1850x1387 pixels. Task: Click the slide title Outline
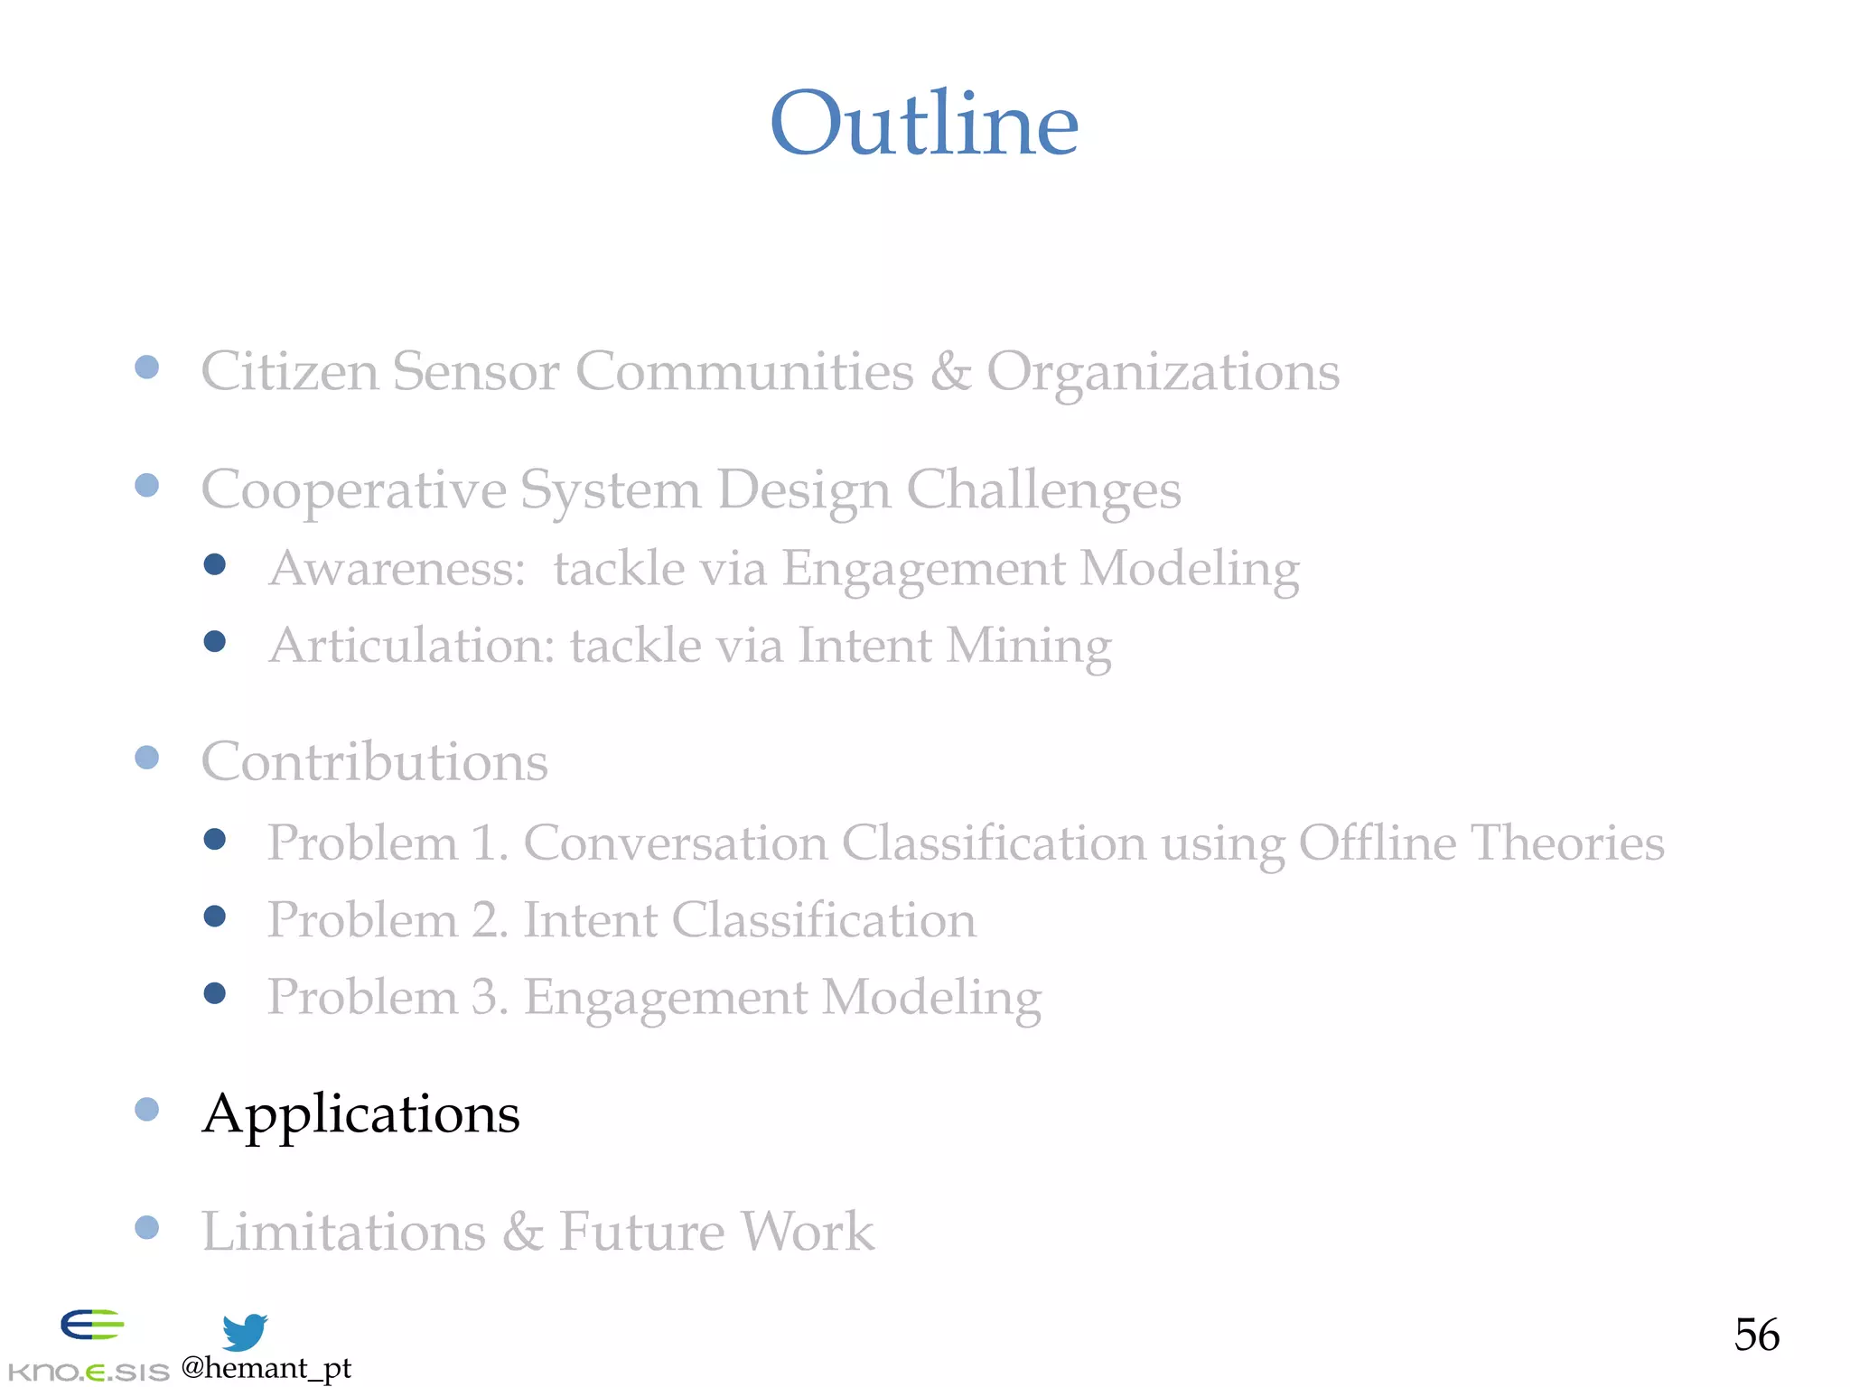tap(924, 124)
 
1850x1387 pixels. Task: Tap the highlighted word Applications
tap(361, 1113)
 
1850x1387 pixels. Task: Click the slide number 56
tap(1756, 1334)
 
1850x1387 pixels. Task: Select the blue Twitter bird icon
tap(244, 1332)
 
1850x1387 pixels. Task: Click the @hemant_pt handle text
tap(266, 1368)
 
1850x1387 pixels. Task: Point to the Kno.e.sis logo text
tap(89, 1372)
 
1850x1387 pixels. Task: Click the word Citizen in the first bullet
tap(289, 371)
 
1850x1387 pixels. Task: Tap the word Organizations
tap(1163, 373)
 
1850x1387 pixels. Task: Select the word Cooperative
tap(352, 490)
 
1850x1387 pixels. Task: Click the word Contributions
tap(374, 761)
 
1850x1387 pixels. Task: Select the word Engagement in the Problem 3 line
tap(666, 998)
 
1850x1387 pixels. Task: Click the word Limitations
tap(343, 1231)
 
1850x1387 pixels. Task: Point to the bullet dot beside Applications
tap(147, 1109)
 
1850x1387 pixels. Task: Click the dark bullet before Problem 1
tap(215, 840)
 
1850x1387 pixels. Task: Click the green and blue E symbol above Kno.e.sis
tap(91, 1325)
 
